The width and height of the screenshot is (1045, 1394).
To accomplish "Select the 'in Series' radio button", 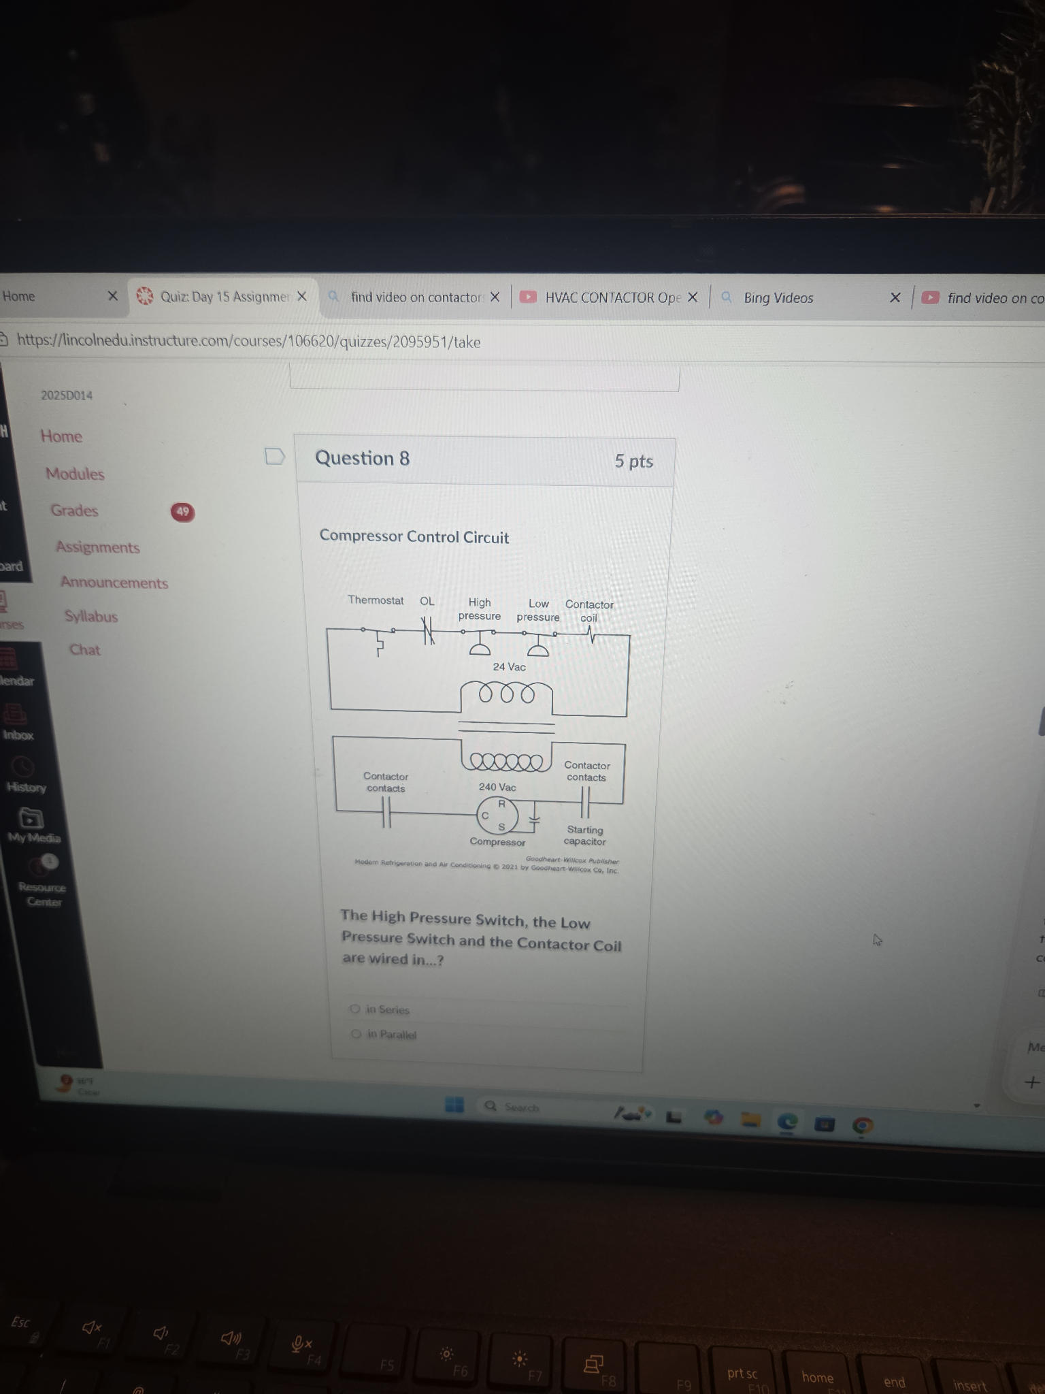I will tap(355, 1009).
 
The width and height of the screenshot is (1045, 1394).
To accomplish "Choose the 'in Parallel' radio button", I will tap(356, 1034).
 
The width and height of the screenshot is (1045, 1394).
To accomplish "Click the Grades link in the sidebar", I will tap(74, 510).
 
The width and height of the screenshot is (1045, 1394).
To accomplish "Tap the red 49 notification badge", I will tap(182, 512).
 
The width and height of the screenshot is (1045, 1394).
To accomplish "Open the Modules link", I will tap(75, 474).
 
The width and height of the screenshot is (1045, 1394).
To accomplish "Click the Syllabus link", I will tap(91, 617).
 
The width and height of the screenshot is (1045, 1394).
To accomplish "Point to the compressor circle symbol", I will tap(497, 816).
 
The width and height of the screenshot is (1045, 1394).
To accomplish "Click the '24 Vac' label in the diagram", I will tap(509, 667).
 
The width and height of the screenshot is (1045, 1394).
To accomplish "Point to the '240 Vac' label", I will tap(497, 787).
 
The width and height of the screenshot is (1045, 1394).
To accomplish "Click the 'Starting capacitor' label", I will tap(584, 835).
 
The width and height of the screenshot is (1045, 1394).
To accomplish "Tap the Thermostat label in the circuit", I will tap(376, 600).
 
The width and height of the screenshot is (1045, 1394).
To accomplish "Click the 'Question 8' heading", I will tap(362, 459).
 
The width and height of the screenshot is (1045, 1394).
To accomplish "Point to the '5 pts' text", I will tap(633, 461).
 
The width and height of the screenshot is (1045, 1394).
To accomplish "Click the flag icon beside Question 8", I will tap(275, 456).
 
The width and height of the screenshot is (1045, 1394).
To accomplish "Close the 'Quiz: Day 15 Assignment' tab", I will tap(302, 297).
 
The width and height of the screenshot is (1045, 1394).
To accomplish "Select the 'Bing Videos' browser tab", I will tap(778, 298).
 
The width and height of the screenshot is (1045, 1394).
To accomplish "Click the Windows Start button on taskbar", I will tap(454, 1105).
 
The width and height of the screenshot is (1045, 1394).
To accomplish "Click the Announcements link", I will tap(114, 583).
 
